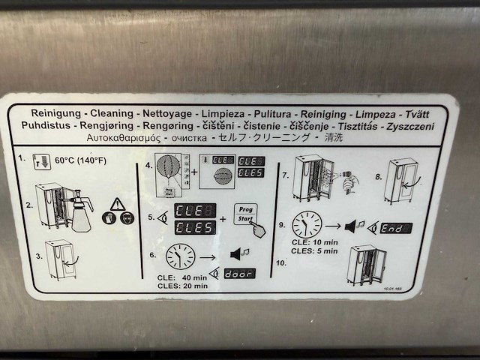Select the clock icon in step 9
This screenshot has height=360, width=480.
(307, 223)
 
